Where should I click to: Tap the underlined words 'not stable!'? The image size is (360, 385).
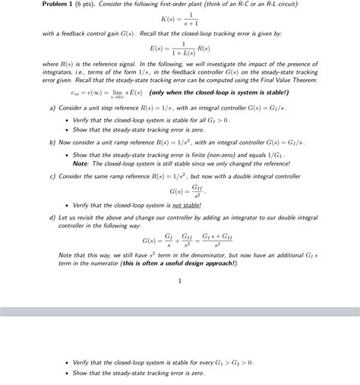click(186, 205)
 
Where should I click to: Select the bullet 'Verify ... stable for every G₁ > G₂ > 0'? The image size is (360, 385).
click(163, 363)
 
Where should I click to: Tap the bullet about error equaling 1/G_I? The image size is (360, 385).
click(178, 155)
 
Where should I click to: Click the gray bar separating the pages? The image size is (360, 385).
click(179, 311)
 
